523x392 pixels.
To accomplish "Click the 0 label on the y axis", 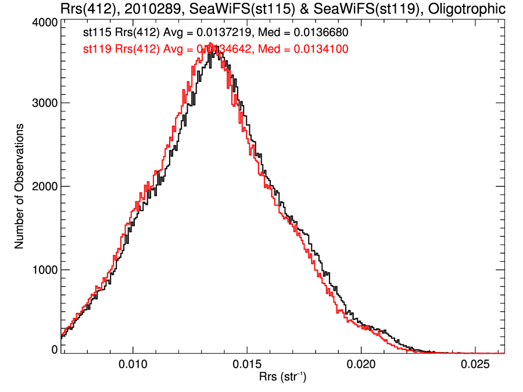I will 54,350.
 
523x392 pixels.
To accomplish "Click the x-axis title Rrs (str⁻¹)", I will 283,377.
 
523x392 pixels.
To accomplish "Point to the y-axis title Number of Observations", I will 19,186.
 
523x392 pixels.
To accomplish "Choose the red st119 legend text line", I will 216,49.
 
